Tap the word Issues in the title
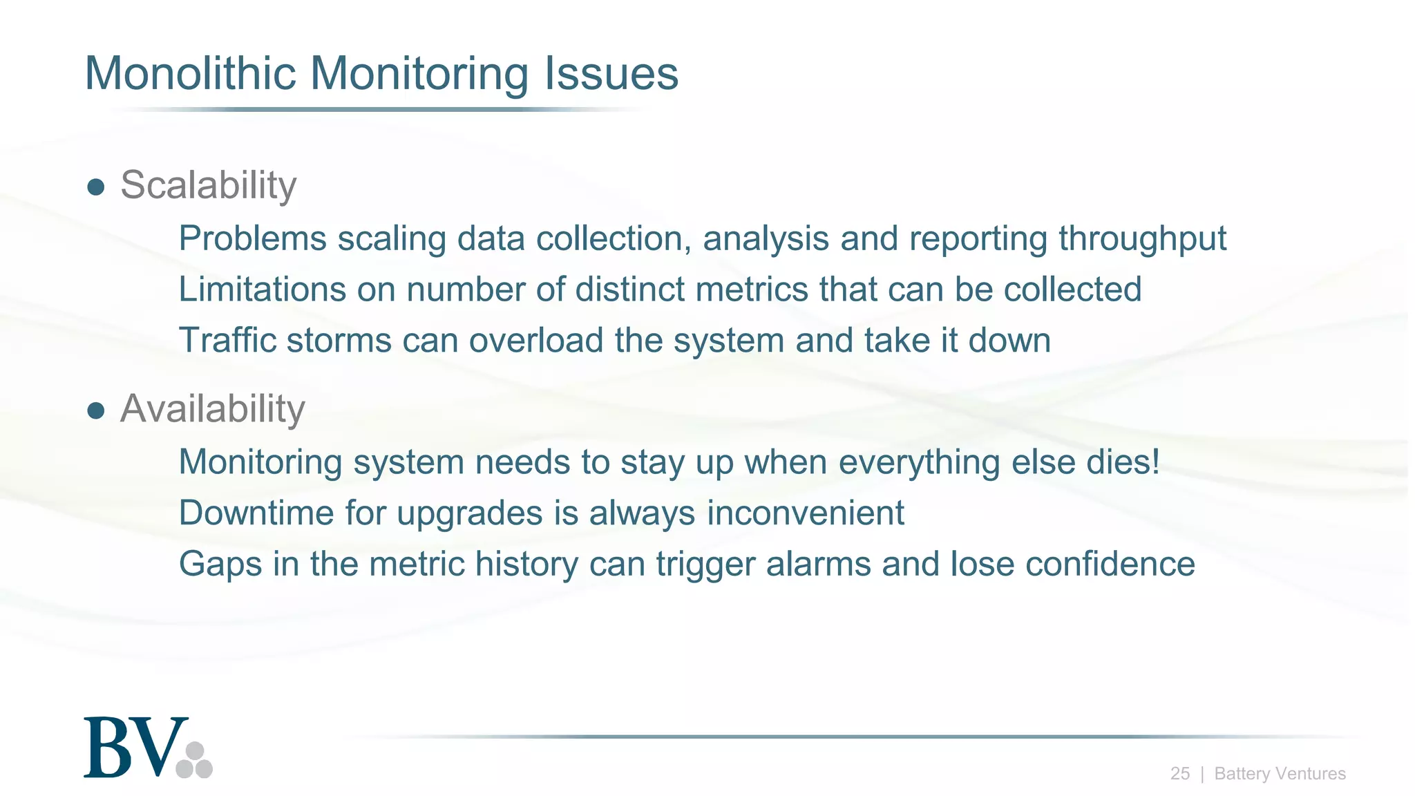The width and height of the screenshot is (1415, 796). [611, 73]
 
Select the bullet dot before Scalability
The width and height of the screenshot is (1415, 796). [96, 187]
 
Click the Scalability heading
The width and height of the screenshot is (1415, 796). [208, 185]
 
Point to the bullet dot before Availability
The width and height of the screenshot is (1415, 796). [96, 411]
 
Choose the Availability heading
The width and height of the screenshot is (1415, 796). [212, 408]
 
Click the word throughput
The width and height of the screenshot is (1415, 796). [1142, 239]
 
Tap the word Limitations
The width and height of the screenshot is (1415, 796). [262, 290]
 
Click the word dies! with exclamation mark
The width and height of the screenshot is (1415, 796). [1123, 462]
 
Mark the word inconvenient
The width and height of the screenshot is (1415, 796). [805, 513]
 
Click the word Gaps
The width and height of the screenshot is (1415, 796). [220, 565]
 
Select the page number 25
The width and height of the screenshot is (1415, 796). [1179, 774]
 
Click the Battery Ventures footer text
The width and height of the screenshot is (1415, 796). [1280, 774]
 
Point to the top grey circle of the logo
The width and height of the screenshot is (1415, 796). [195, 751]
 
